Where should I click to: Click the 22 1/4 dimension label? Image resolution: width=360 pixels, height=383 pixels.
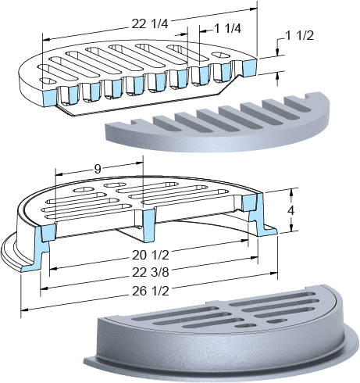click(x=150, y=24)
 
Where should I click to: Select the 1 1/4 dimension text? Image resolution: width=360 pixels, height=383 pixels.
click(x=227, y=29)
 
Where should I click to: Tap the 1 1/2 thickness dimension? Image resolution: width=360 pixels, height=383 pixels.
click(x=300, y=36)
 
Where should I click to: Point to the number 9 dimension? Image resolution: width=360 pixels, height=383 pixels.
click(x=98, y=170)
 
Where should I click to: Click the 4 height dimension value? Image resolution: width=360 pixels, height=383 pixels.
click(x=291, y=210)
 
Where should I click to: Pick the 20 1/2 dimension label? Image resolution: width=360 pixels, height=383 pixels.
click(x=151, y=256)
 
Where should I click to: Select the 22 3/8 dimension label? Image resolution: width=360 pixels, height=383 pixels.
click(x=151, y=273)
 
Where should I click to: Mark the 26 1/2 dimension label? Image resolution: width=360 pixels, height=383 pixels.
click(x=151, y=292)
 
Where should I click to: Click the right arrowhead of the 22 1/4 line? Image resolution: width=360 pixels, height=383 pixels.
click(x=254, y=9)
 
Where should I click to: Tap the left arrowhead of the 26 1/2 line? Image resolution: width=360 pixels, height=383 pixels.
click(x=24, y=310)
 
